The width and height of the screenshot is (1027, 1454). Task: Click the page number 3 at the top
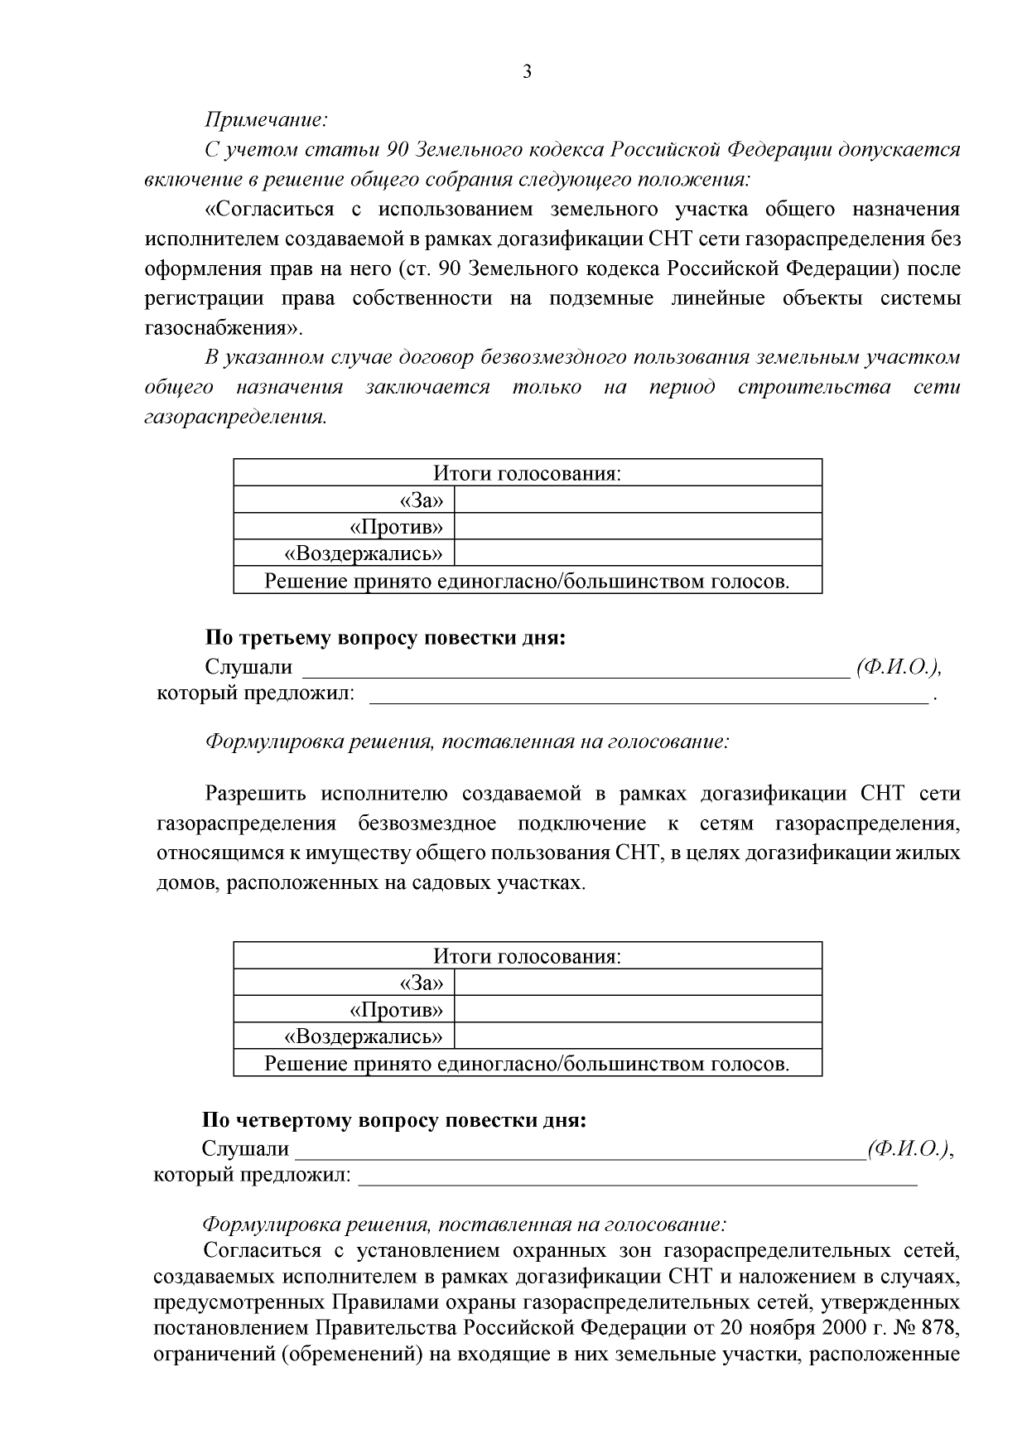(x=527, y=71)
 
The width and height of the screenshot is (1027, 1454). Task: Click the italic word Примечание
(x=266, y=120)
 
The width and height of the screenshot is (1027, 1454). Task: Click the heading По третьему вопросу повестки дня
(x=385, y=639)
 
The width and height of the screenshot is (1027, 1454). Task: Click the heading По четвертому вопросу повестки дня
(x=394, y=1121)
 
